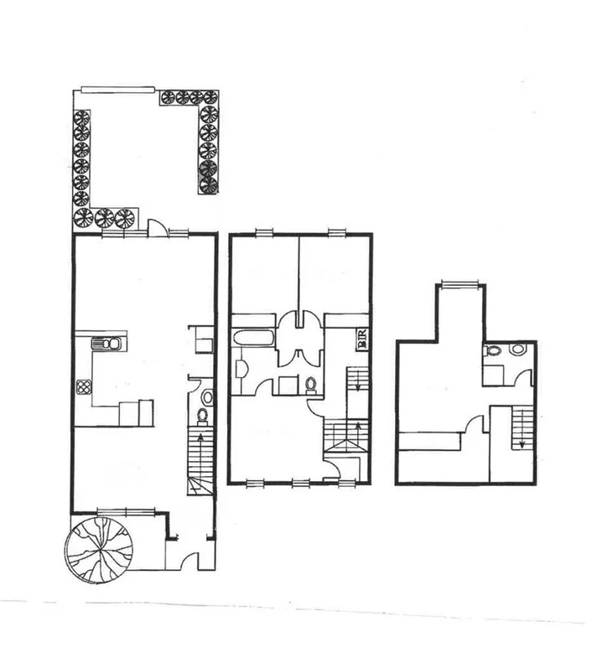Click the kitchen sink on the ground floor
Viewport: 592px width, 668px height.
(106, 344)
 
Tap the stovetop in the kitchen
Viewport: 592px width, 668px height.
(84, 386)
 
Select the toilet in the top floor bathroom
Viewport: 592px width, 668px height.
(493, 353)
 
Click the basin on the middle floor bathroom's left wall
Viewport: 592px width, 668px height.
(241, 367)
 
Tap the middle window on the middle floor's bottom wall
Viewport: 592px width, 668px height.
(300, 482)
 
